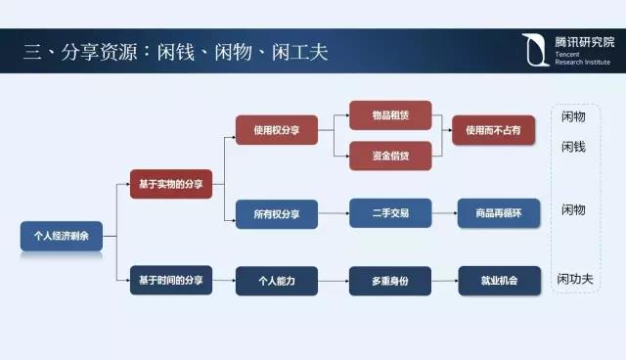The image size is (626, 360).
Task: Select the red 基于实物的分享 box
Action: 170,184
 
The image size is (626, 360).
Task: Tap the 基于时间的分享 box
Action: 170,282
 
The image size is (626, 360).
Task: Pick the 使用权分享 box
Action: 276,130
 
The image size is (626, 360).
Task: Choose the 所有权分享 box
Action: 276,214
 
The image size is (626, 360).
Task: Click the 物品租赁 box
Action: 389,115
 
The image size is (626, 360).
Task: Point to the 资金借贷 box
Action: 389,156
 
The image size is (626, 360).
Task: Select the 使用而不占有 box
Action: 492,130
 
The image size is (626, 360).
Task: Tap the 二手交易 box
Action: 389,214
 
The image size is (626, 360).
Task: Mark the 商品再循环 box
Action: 499,214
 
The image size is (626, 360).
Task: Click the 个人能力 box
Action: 276,282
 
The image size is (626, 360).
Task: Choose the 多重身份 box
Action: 389,282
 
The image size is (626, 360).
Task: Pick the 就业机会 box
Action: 499,282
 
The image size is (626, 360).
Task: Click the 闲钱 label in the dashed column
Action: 573,147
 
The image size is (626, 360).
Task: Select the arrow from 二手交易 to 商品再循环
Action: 444,214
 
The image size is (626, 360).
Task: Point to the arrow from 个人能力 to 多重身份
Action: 333,282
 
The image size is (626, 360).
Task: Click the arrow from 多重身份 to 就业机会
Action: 444,282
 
